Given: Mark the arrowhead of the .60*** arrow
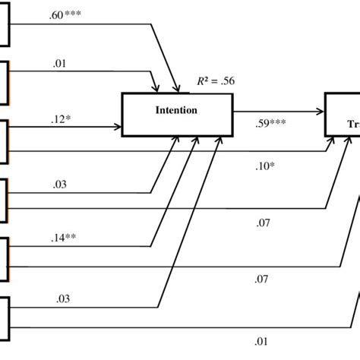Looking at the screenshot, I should (x=178, y=89).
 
